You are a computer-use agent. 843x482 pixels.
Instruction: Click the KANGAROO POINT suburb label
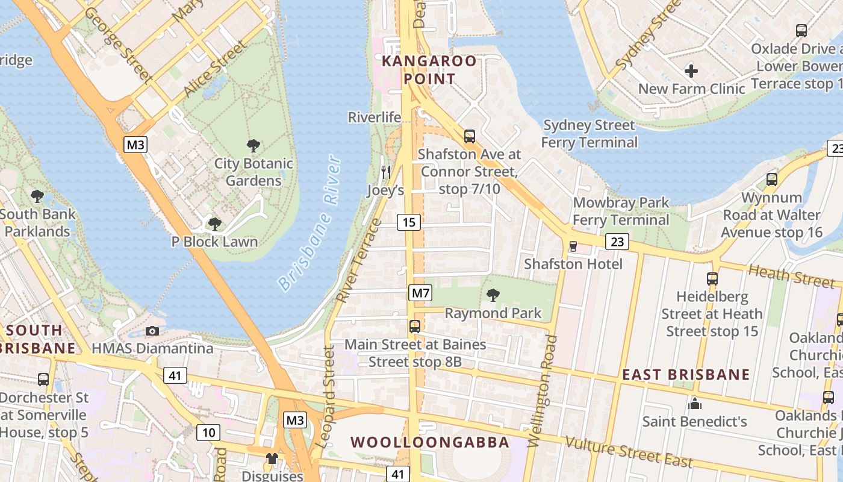point(429,70)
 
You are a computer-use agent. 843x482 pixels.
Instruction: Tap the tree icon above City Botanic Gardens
point(254,145)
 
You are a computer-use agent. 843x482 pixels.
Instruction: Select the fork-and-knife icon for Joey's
point(386,172)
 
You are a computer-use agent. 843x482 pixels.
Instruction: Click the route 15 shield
point(408,222)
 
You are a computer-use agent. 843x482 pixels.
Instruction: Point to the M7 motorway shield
point(420,293)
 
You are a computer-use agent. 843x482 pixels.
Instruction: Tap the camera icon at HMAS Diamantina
point(152,331)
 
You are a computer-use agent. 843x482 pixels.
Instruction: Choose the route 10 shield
point(208,432)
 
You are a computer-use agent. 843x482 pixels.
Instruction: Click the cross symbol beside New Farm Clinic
point(691,71)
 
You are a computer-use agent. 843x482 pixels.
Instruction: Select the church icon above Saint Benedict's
point(695,403)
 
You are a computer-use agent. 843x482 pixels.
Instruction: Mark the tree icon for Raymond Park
point(493,295)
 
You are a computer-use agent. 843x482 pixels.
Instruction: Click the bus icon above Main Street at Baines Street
point(415,327)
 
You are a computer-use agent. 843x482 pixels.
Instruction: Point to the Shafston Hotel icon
point(573,246)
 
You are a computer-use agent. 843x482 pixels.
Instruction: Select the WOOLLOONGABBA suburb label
point(430,442)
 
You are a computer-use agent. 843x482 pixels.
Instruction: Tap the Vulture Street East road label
point(629,452)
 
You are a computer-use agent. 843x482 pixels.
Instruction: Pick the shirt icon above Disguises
point(272,459)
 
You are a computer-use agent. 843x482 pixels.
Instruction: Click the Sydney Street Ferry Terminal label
point(589,134)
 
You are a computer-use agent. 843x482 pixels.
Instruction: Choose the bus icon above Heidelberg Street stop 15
point(712,278)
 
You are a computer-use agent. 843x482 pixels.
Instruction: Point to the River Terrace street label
point(359,261)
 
